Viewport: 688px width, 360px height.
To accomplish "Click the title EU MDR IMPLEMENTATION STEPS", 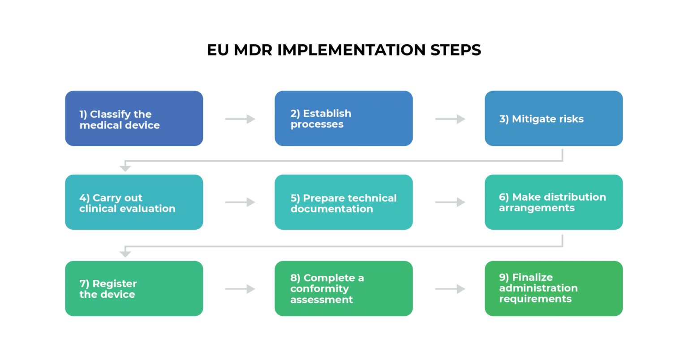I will click(x=344, y=50).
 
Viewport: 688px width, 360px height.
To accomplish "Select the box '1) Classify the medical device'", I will click(x=134, y=119).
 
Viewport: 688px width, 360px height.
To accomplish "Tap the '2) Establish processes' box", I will click(x=344, y=119).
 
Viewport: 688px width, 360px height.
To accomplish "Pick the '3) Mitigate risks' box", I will click(x=554, y=119).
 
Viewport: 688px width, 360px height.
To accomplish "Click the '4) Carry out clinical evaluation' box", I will click(x=134, y=202).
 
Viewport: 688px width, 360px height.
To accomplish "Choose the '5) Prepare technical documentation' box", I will click(x=344, y=202).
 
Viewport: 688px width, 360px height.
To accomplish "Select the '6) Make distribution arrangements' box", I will click(x=554, y=202).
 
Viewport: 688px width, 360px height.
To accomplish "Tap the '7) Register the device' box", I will click(x=134, y=289).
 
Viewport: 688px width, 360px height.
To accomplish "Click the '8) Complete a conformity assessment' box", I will click(x=344, y=289).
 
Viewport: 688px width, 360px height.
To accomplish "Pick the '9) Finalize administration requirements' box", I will click(x=554, y=289).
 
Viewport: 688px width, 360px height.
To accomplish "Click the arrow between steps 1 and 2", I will click(x=240, y=119).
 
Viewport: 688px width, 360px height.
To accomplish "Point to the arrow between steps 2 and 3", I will click(x=450, y=119).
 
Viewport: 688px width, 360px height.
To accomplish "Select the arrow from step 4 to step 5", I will click(x=240, y=202).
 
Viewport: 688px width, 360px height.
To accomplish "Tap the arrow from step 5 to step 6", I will click(x=450, y=202).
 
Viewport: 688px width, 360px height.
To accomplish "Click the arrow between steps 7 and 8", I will click(x=240, y=289).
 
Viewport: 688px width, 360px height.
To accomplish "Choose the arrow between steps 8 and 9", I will click(x=450, y=289).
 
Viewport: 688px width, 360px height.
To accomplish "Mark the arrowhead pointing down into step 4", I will click(x=125, y=168).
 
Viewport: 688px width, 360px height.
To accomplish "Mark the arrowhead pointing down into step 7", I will click(x=125, y=254).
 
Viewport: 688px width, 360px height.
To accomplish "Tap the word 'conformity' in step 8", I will click(x=319, y=289).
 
